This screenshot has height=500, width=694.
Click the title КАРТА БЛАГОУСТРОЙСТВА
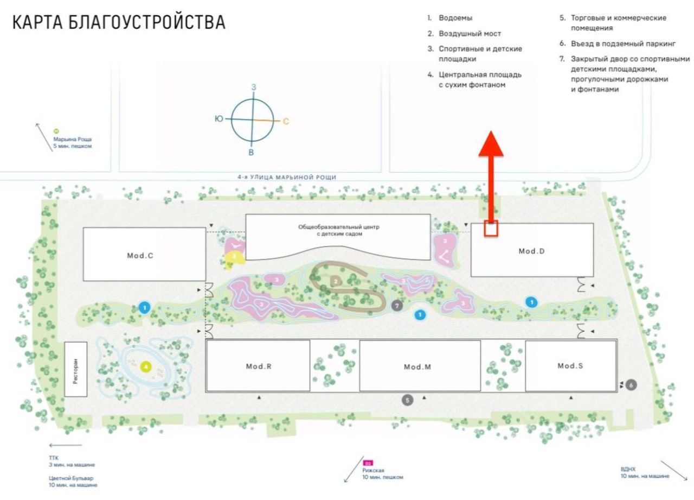[x=119, y=23]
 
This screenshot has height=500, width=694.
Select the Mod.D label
[x=531, y=251]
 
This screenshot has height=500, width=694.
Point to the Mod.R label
[x=258, y=366]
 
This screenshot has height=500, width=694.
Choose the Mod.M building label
[x=417, y=367]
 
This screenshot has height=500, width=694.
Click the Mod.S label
[x=570, y=365]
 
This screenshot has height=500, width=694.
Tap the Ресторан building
[x=76, y=369]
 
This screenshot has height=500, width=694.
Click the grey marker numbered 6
[x=631, y=384]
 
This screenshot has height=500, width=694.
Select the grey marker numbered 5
[x=408, y=400]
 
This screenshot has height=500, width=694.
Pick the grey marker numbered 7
[x=397, y=306]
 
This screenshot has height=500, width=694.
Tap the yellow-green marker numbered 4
[x=146, y=366]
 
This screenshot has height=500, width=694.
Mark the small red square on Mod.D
[x=491, y=229]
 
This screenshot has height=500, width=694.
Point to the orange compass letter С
[x=286, y=121]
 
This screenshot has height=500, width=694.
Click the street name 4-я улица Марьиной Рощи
[x=287, y=177]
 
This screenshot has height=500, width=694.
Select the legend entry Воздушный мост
[x=470, y=34]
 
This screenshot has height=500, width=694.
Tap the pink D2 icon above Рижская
[x=369, y=463]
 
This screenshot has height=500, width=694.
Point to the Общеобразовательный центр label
[x=339, y=230]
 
